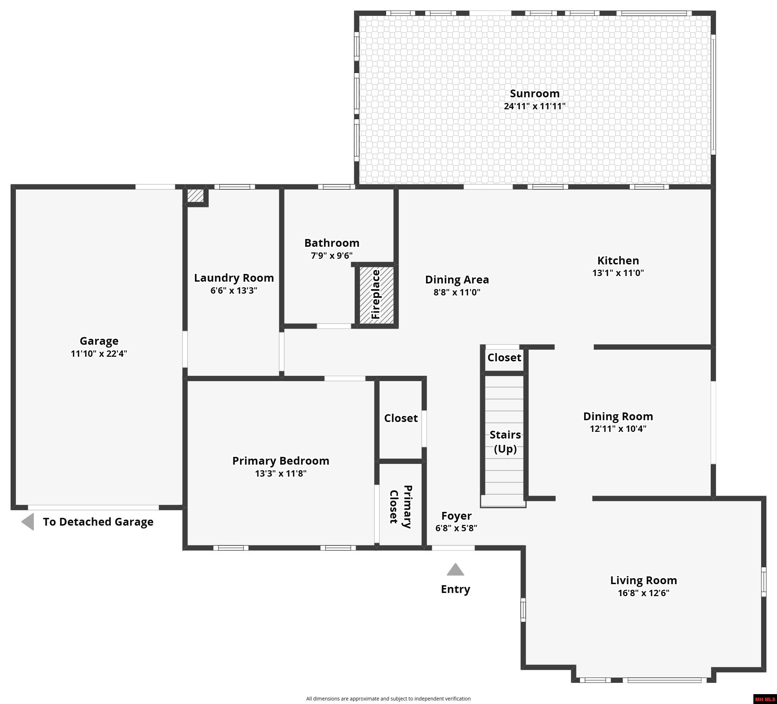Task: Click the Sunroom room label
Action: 534,94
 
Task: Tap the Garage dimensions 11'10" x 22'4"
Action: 99,353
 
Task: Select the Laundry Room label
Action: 234,278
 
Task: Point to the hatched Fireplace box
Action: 377,295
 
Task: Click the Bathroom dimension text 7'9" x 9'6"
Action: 332,256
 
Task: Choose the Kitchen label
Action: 618,261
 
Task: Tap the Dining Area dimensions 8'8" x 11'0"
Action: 457,292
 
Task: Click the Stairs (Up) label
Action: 505,442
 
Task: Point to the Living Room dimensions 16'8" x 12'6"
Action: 644,593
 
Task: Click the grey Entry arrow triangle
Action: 455,570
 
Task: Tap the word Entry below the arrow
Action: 455,589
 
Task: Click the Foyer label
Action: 456,515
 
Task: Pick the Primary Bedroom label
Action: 281,461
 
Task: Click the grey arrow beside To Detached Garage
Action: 28,522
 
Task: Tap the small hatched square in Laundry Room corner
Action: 195,195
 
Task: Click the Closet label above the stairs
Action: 504,357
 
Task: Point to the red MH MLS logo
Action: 765,699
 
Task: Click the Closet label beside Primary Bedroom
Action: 401,418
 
